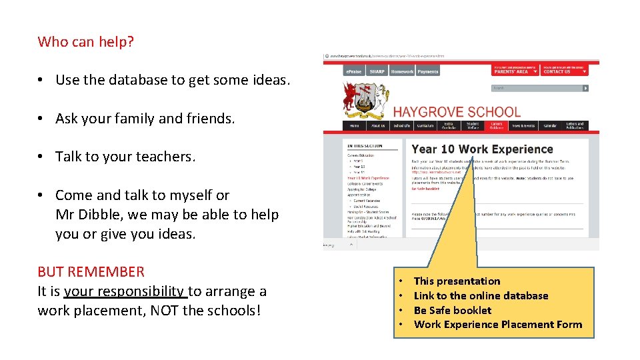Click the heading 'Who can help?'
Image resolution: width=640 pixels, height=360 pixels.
coord(86,42)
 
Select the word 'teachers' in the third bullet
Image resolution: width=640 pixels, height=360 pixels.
coord(165,157)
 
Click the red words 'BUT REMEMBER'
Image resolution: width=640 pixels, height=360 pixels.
coord(91,272)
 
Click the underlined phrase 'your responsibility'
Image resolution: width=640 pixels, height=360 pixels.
coord(125,291)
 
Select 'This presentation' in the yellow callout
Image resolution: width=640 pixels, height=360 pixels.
coord(457,281)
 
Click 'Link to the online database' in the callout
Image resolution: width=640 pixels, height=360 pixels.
coord(481,296)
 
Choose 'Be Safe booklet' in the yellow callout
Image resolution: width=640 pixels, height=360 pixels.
coord(453,310)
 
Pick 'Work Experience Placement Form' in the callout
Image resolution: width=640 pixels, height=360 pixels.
coord(498,325)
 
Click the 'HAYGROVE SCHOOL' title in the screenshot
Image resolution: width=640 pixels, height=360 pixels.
coord(457,112)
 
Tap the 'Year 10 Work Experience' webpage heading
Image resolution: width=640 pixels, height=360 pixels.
coord(483,149)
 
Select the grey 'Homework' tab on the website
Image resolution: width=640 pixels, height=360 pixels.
coord(402,71)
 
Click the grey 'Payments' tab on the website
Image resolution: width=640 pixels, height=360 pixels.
coord(428,71)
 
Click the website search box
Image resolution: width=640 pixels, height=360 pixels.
coord(537,88)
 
